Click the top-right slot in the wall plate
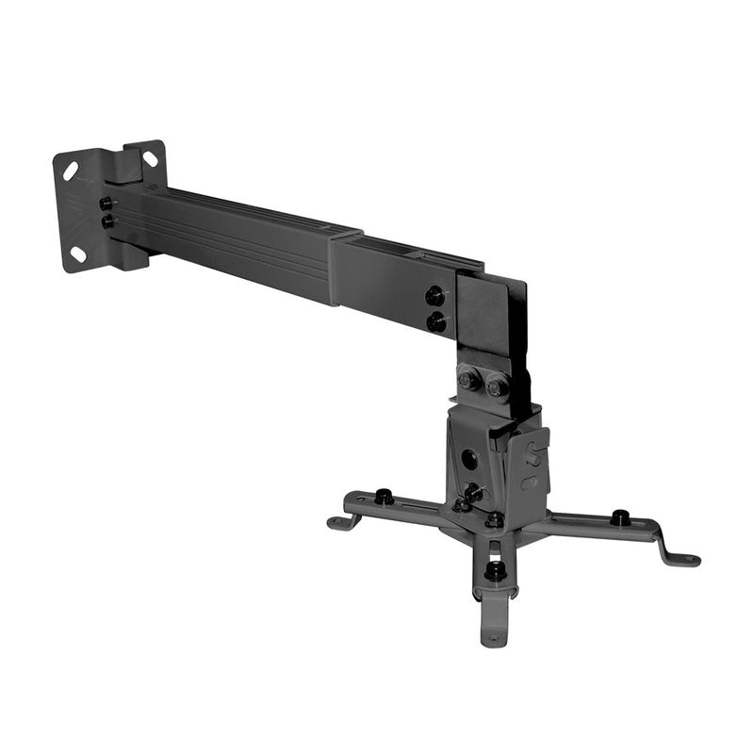pyautogui.click(x=150, y=158)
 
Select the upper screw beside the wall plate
pyautogui.click(x=107, y=203)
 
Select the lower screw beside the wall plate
pyautogui.click(x=107, y=221)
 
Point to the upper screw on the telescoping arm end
pyautogui.click(x=435, y=296)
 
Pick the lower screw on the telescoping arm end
pyautogui.click(x=435, y=322)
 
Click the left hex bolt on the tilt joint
pyautogui.click(x=467, y=382)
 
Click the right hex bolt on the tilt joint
pyautogui.click(x=496, y=385)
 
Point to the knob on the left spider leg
pyautogui.click(x=384, y=496)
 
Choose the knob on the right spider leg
pyautogui.click(x=619, y=516)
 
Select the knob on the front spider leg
pyautogui.click(x=495, y=569)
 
